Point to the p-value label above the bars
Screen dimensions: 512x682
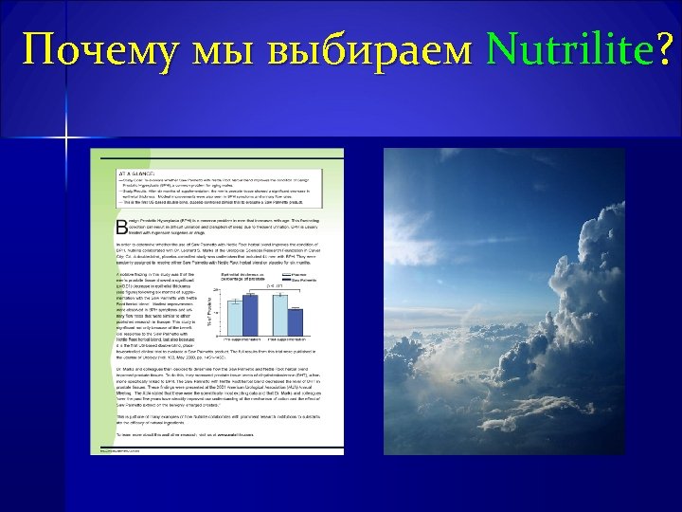[272, 285]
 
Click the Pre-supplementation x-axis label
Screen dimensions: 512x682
[243, 338]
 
